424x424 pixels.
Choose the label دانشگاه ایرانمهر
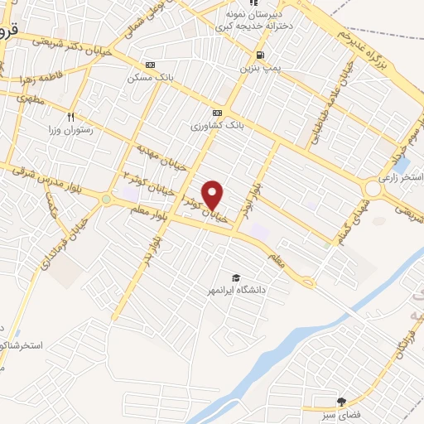(x=236, y=291)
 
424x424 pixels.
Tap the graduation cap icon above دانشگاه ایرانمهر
(x=236, y=277)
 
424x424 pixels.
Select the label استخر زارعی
(x=401, y=178)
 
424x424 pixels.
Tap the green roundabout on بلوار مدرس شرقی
(x=106, y=199)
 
